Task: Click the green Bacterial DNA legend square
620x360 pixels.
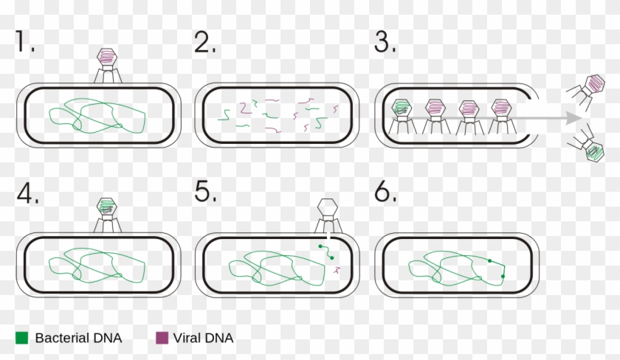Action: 22,339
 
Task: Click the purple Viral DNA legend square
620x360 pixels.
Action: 162,339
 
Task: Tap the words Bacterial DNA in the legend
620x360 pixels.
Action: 78,339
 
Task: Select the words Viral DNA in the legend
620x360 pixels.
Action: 204,339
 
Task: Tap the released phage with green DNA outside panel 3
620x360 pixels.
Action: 593,151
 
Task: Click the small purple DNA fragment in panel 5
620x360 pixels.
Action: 336,271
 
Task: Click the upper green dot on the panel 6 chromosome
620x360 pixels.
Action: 489,260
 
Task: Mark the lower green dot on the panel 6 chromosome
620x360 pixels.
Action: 503,277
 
